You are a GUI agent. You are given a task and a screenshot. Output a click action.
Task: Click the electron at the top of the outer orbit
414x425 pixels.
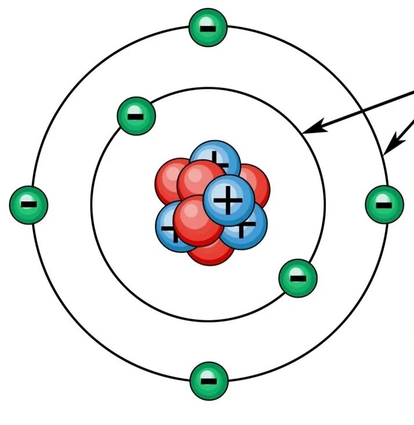click(x=208, y=27)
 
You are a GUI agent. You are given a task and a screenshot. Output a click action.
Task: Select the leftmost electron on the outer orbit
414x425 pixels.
click(x=28, y=204)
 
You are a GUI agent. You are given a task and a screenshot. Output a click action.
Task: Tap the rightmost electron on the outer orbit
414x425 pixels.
click(x=384, y=204)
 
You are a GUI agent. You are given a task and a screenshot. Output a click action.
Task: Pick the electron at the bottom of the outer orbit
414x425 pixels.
click(x=209, y=381)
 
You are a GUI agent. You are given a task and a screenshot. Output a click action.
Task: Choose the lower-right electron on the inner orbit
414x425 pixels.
click(x=298, y=278)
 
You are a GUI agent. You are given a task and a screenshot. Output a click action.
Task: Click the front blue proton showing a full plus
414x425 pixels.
click(x=229, y=200)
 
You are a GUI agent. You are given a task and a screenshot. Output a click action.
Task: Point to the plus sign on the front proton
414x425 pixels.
click(x=229, y=200)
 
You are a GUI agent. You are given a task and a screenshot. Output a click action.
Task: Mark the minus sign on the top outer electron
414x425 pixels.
click(x=208, y=27)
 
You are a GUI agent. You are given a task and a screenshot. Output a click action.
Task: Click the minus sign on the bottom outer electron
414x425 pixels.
click(x=209, y=381)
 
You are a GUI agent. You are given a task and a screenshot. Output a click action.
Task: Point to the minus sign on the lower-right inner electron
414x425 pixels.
click(x=298, y=278)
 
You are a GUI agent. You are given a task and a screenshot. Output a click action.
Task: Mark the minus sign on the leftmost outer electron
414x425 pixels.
click(x=28, y=204)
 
